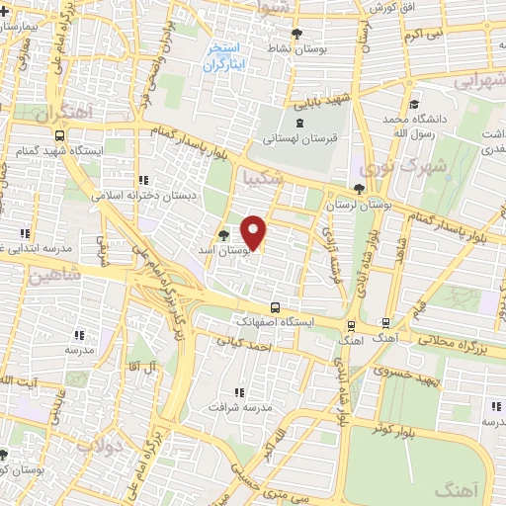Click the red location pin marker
[254, 232]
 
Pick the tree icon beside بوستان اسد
[222, 235]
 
